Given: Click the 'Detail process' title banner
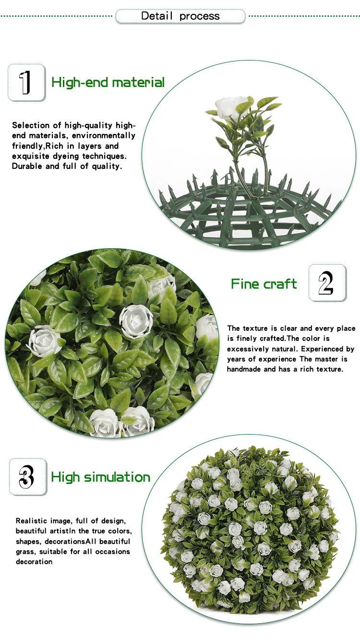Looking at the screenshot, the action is click(180, 16).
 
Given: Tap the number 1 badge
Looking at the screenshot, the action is click(26, 83).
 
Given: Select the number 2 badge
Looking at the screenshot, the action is click(327, 283).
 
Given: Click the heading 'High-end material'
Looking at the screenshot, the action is click(108, 83).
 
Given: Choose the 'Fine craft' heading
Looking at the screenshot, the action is click(264, 284).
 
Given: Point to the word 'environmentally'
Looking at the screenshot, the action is click(103, 135).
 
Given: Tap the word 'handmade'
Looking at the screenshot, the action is click(244, 369).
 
